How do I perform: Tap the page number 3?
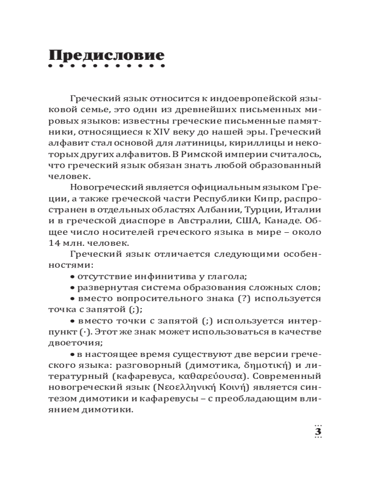[317, 432]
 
